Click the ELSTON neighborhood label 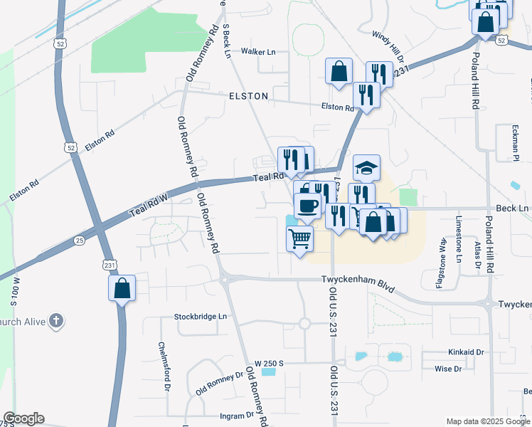[248, 95]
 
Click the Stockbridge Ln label [200, 316]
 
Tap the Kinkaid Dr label [466, 352]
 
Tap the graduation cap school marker [366, 168]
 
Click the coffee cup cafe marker [307, 206]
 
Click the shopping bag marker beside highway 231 [122, 288]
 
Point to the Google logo [23, 418]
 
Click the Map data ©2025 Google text [487, 421]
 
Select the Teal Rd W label [147, 204]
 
